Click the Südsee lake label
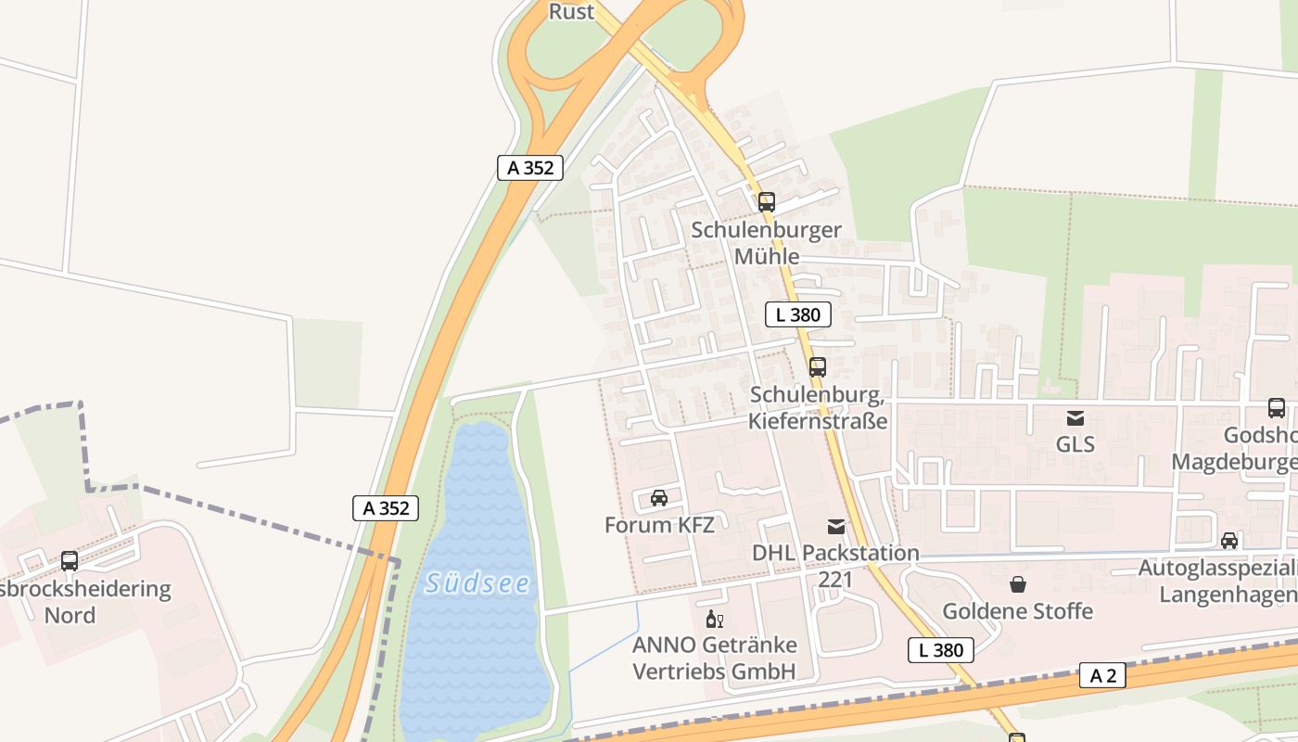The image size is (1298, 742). pos(477,583)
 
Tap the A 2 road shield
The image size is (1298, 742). pos(1102,675)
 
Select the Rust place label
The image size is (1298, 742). pos(571,11)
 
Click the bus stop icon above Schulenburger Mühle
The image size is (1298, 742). pos(766,201)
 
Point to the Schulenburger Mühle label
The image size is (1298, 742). pos(766,242)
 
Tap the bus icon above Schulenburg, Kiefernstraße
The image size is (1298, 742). pos(817,366)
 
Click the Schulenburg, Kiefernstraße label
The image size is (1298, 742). pos(819,408)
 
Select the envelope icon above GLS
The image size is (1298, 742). pos(1075,418)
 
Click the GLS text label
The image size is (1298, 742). pos(1075,444)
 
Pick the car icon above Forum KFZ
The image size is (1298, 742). pos(659,498)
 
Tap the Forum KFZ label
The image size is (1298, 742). pos(659,525)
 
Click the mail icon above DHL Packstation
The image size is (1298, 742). pos(836,527)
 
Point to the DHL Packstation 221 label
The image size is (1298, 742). pos(835,566)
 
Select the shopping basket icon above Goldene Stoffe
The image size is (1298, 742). pos(1018,584)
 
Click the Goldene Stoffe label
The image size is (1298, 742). pos(1017,611)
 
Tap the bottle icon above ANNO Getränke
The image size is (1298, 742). pos(714,620)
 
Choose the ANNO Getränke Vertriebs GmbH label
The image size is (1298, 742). pos(714,658)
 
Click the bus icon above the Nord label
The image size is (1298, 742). pos(70,560)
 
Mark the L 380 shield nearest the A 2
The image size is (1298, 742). pos(940,650)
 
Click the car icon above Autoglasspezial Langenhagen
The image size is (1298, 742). pos(1228,541)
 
